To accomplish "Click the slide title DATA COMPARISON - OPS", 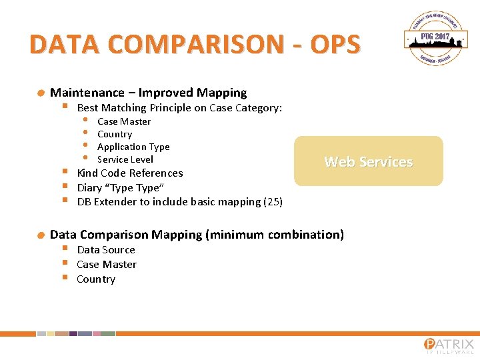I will tap(195, 44).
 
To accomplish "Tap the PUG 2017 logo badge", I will tap(435, 40).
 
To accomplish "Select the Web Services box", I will tap(368, 161).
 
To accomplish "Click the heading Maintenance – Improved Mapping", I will tap(148, 93).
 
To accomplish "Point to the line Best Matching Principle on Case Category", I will tap(179, 107).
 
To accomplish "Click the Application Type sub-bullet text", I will tap(133, 147).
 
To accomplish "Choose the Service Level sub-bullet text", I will tap(125, 159).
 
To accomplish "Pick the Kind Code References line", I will tap(130, 173).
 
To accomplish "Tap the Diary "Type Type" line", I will tap(121, 187).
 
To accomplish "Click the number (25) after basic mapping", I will tap(273, 201).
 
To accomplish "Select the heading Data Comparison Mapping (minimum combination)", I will tap(197, 234).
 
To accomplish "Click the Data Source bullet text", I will tap(106, 249).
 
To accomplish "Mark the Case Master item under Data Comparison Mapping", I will tap(107, 264).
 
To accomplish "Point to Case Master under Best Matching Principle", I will tap(124, 121).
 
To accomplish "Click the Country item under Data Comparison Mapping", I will tap(96, 279).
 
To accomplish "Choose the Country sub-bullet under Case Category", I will tap(115, 134).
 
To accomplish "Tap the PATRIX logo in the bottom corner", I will tap(449, 345).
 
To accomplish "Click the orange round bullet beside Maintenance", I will tap(41, 93).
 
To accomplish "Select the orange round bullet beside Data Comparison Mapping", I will tap(41, 235).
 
